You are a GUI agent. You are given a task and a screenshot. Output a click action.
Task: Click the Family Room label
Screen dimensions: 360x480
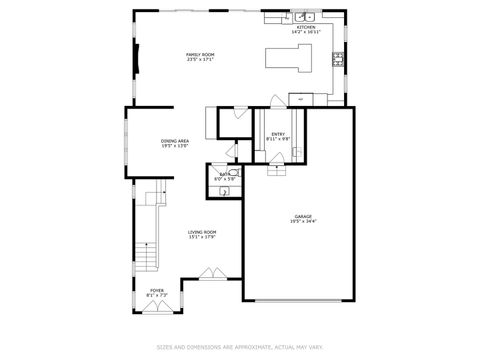[200, 54]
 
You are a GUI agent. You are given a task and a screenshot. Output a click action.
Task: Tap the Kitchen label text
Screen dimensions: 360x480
[305, 28]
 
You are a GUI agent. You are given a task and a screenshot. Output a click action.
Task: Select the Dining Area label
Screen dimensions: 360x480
[176, 141]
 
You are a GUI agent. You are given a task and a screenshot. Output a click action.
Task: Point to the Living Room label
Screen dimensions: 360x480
[202, 232]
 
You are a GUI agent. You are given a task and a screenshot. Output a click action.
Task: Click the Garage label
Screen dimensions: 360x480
[302, 217]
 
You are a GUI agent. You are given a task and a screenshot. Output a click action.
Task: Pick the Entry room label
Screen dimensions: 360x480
[279, 133]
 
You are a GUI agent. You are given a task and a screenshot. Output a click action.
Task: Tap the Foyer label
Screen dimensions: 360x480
[158, 291]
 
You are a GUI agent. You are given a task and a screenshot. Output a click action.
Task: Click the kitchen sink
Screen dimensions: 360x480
[304, 17]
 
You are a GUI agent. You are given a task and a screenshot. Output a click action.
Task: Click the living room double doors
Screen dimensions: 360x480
[212, 272]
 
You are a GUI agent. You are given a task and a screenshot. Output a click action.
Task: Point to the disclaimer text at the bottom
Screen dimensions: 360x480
[239, 348]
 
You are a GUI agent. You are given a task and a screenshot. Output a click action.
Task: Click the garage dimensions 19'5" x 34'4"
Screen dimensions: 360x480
[302, 222]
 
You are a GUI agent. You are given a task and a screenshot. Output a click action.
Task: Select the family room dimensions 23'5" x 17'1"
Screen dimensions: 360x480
[200, 59]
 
